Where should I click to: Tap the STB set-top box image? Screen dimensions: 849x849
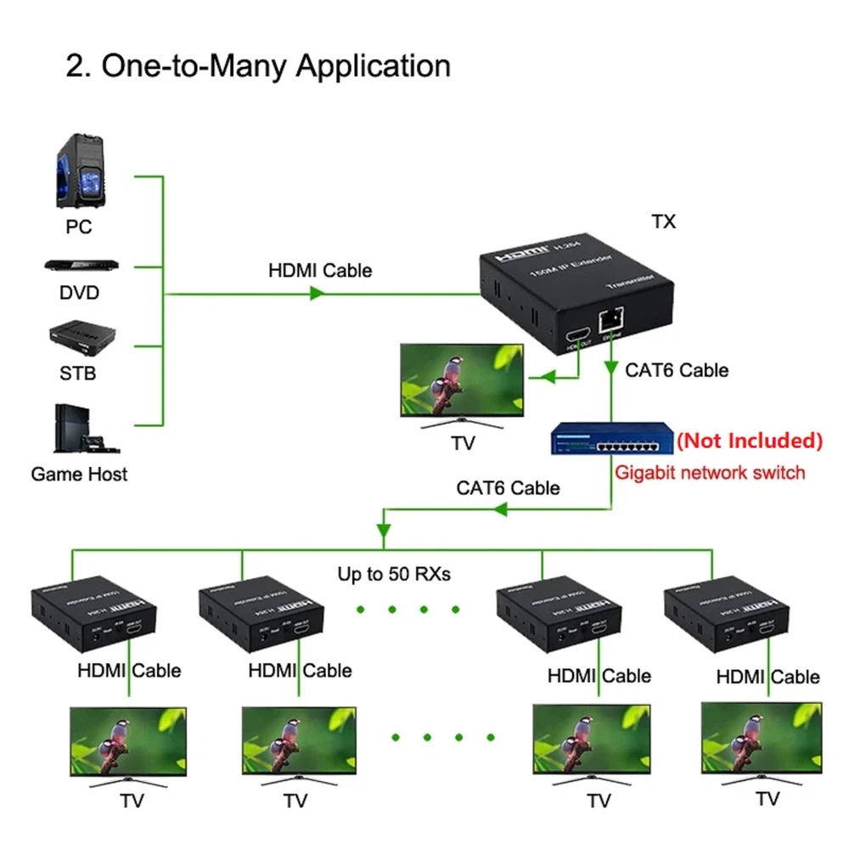pyautogui.click(x=79, y=338)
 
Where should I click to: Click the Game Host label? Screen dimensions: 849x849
pyautogui.click(x=79, y=474)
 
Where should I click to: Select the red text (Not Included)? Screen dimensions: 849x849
pyautogui.click(x=749, y=441)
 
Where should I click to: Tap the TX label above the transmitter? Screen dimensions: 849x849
pyautogui.click(x=663, y=222)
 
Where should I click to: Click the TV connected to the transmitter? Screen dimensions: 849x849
pyautogui.click(x=463, y=382)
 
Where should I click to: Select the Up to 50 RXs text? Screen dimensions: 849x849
pyautogui.click(x=394, y=575)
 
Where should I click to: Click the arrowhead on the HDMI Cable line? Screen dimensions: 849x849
pyautogui.click(x=318, y=294)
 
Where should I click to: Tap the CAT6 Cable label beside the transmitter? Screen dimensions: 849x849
pyautogui.click(x=677, y=370)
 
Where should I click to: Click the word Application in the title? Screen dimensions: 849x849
pyautogui.click(x=373, y=66)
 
